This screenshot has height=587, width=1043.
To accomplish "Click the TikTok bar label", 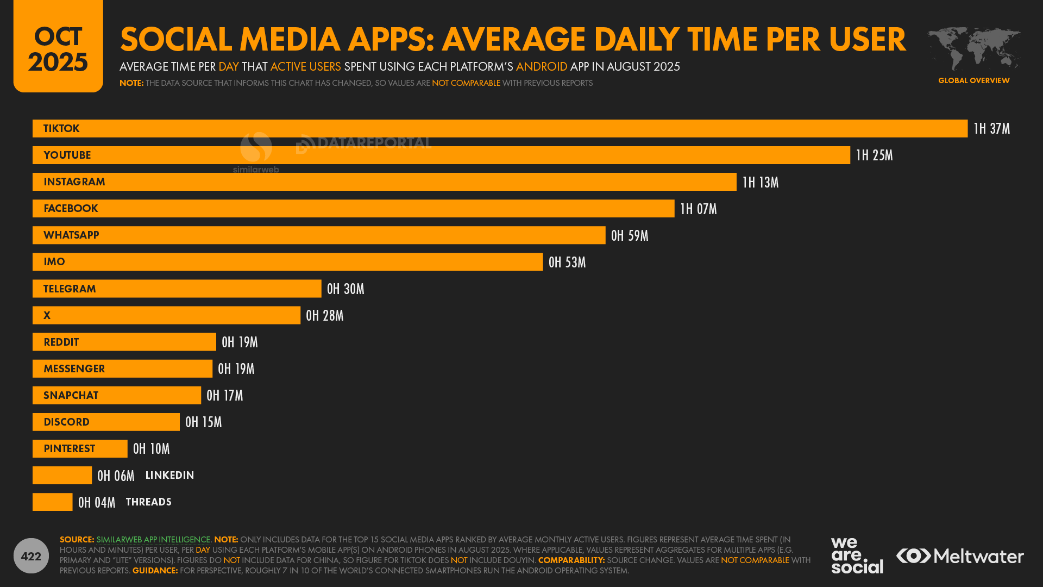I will [x=61, y=129].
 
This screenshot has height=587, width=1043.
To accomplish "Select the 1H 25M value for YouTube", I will [x=874, y=155].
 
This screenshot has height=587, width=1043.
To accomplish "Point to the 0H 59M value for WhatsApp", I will [x=630, y=235].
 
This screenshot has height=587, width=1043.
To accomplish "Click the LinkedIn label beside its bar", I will [x=169, y=476].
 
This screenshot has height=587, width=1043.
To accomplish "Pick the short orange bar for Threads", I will [x=52, y=502].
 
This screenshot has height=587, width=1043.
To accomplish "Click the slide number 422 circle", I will [x=31, y=556].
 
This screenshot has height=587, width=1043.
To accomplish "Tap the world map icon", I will [x=973, y=49].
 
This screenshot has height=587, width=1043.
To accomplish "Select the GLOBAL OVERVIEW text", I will [x=973, y=80].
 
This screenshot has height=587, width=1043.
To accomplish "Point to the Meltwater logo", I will [x=960, y=556].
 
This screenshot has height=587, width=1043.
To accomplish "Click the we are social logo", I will [x=857, y=555].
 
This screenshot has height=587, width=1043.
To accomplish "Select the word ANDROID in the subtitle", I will [x=541, y=67].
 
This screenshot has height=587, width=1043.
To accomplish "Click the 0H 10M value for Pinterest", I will [x=151, y=449].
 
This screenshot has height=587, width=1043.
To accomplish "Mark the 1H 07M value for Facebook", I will [x=699, y=209].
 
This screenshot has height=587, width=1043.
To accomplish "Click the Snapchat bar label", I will [x=71, y=396].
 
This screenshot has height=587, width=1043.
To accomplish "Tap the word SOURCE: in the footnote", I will [x=77, y=540].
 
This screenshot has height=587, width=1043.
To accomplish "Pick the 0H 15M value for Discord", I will [x=203, y=422].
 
